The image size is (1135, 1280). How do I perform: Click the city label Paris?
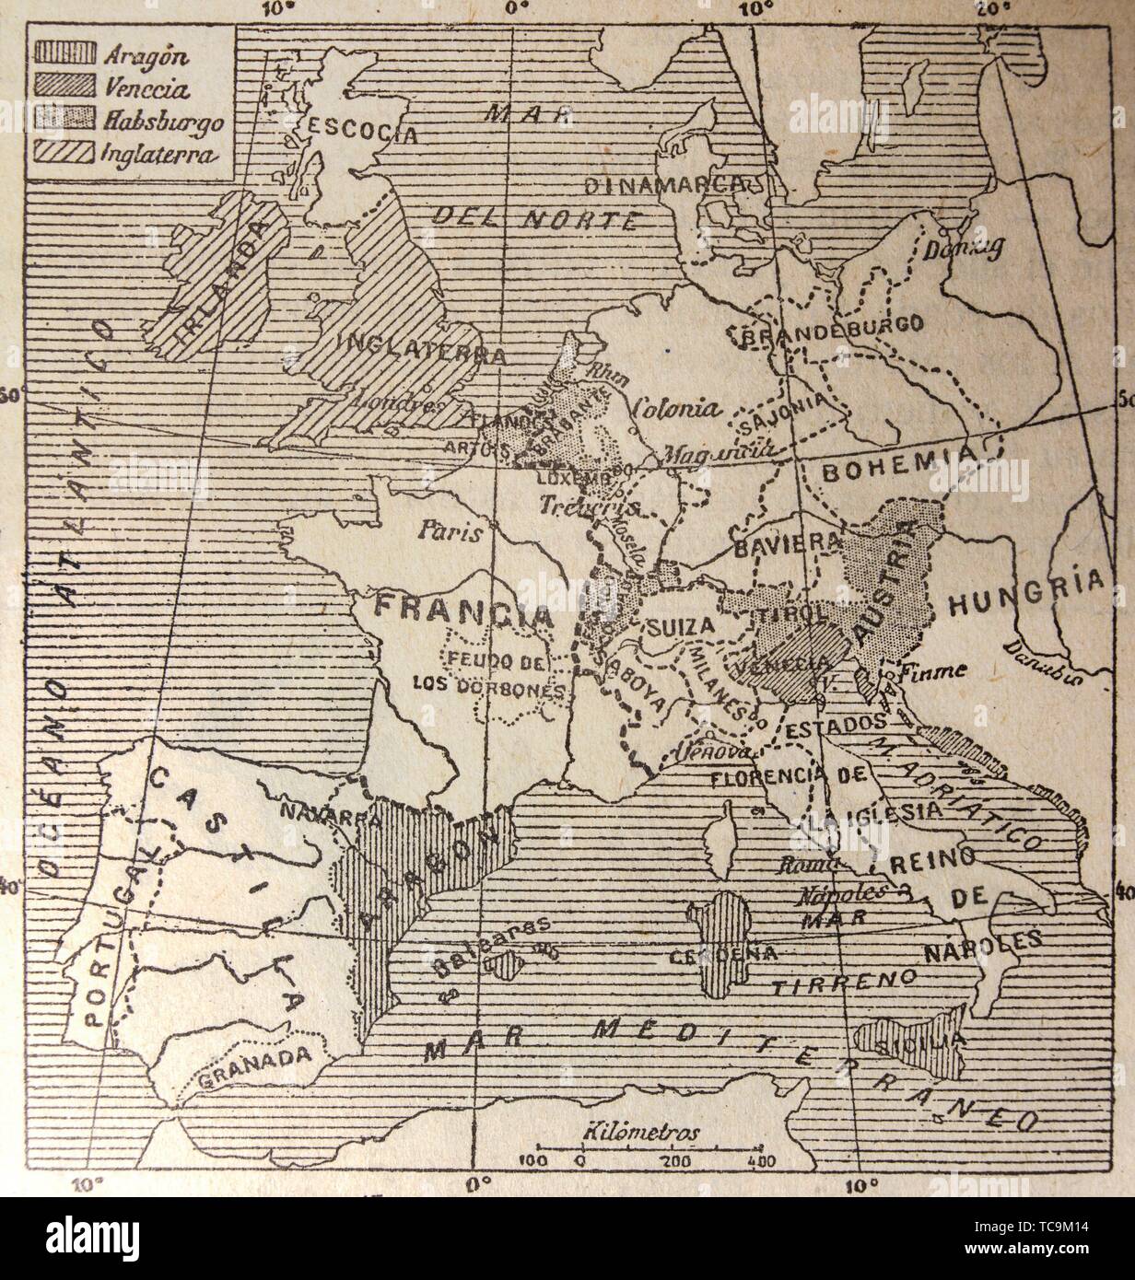(450, 530)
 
